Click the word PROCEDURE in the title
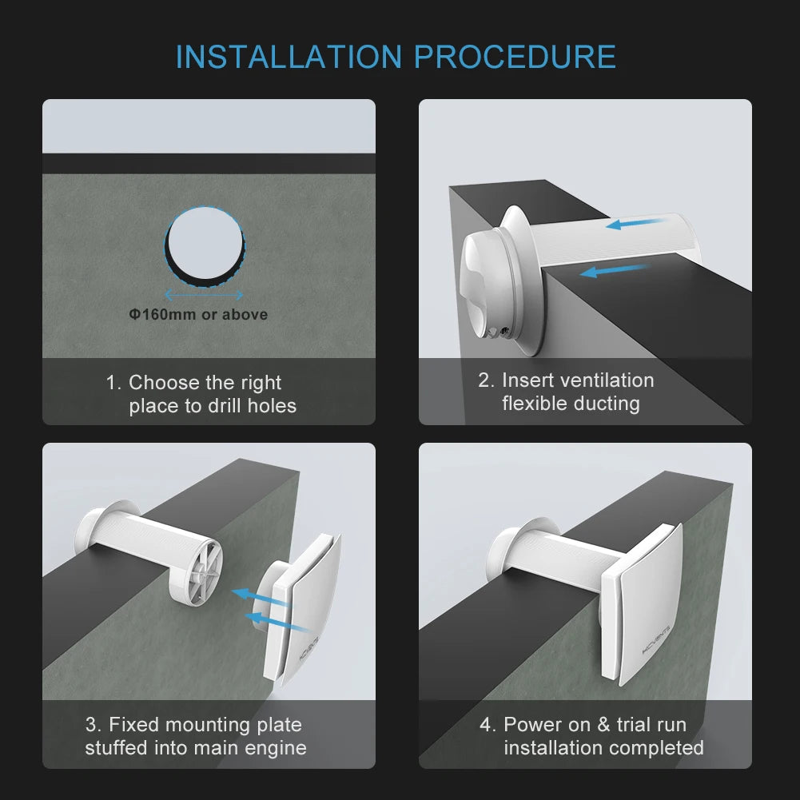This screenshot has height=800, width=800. coord(515,58)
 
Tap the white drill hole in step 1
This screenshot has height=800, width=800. coord(204,243)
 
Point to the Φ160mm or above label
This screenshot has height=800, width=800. coord(199,315)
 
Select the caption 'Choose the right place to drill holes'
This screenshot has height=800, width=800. coord(201,394)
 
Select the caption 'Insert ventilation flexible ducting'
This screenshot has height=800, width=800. coord(566,392)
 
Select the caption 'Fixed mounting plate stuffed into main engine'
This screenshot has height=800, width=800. coord(196,736)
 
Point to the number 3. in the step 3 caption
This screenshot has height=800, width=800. coord(94,725)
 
